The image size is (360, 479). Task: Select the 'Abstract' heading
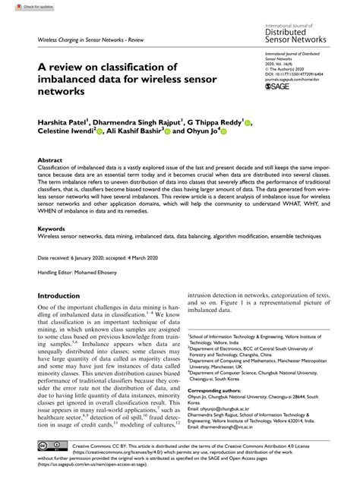[51, 161]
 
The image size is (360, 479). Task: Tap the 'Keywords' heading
[52, 227]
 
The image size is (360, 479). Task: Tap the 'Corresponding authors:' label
[228, 388]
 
